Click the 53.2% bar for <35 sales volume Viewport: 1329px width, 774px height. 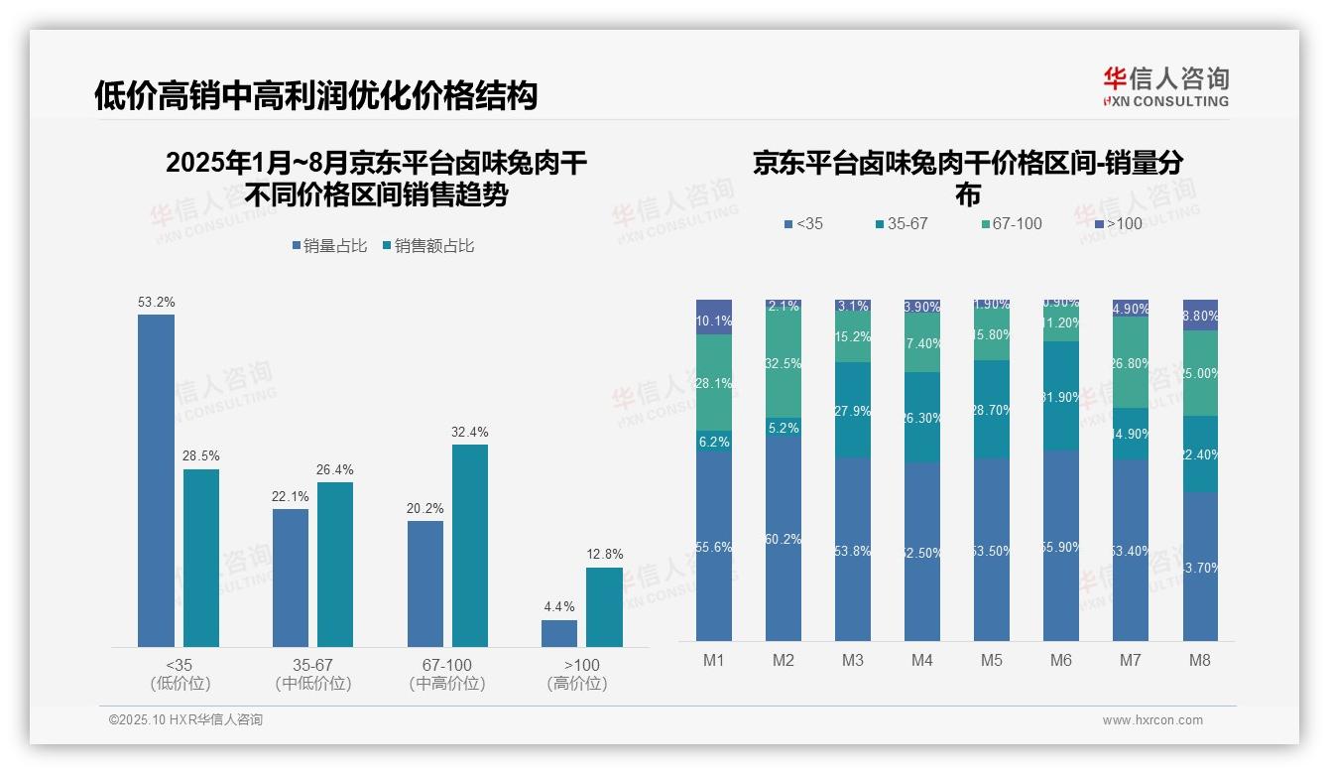pyautogui.click(x=156, y=480)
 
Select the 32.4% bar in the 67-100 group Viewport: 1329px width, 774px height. pyautogui.click(x=470, y=545)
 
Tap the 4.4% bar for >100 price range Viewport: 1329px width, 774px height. pyautogui.click(x=559, y=633)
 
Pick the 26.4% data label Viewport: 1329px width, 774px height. pyautogui.click(x=335, y=469)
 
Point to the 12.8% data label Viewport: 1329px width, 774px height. pyautogui.click(x=605, y=555)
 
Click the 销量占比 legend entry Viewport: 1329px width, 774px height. pyautogui.click(x=329, y=246)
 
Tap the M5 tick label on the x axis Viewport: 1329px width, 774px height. pyautogui.click(x=992, y=660)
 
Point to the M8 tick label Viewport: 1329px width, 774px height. pyautogui.click(x=1200, y=660)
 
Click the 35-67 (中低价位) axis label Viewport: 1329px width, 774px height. pyautogui.click(x=313, y=674)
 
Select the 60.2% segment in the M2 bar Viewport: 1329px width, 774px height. pyautogui.click(x=784, y=539)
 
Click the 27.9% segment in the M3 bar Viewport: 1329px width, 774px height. pyautogui.click(x=853, y=410)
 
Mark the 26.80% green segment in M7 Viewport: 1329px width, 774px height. pyautogui.click(x=1131, y=362)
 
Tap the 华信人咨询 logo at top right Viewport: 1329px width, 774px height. pyautogui.click(x=1165, y=86)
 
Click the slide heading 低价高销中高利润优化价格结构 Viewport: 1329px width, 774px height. pyautogui.click(x=315, y=96)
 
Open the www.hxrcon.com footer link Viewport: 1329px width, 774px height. pyautogui.click(x=1152, y=720)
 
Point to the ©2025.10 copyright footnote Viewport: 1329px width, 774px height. pyautogui.click(x=185, y=720)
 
